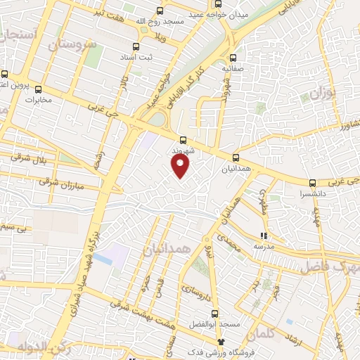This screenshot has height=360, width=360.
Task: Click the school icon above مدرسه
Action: coord(264,236)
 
